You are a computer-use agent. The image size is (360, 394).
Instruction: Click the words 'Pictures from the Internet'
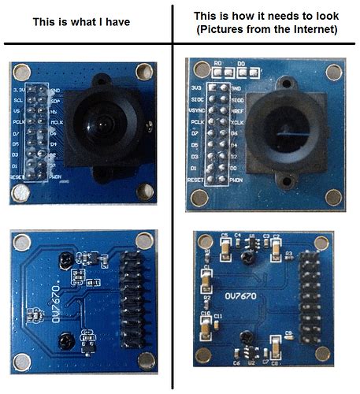[x=265, y=29]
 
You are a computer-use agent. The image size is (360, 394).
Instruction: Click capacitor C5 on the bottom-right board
[x=226, y=247]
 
